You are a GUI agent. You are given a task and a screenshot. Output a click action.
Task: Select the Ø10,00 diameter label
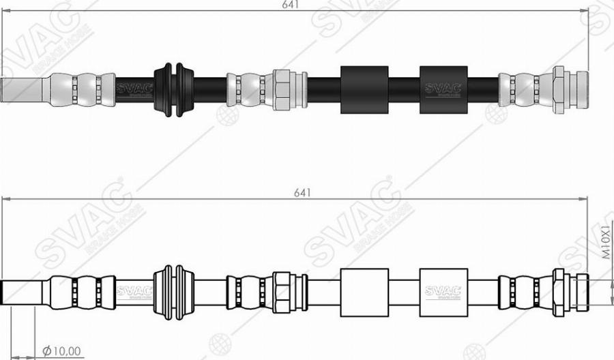click(x=62, y=351)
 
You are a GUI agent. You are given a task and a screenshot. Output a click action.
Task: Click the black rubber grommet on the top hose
click(x=175, y=89)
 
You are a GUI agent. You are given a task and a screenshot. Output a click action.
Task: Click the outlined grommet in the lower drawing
click(x=175, y=292)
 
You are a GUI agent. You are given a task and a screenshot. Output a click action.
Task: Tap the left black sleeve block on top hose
click(x=364, y=89)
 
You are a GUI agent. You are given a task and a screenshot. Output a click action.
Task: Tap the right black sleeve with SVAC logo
click(x=443, y=89)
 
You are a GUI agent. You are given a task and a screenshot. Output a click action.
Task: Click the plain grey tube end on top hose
click(x=25, y=90)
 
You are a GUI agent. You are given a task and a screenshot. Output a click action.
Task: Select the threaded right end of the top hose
click(x=579, y=89)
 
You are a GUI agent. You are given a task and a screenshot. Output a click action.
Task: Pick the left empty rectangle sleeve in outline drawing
click(x=364, y=292)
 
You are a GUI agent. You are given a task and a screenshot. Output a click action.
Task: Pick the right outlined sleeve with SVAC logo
click(x=443, y=292)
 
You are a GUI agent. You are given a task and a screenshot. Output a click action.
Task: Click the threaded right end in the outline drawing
click(x=581, y=291)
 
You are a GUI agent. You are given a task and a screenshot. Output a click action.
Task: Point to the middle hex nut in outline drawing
click(x=281, y=292)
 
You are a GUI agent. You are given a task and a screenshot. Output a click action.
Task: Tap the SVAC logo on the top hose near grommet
click(x=130, y=89)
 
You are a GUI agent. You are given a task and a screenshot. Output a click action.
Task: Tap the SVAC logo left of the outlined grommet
click(x=130, y=292)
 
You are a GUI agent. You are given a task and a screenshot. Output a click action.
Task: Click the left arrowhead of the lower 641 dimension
click(x=7, y=199)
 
